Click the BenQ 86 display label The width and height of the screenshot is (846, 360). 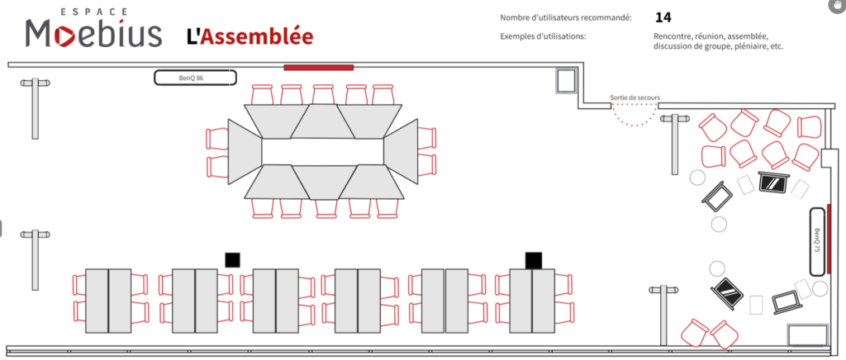coord(195,78)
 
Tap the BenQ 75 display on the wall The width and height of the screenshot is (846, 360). coord(818,241)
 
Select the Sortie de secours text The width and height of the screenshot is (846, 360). coord(635,97)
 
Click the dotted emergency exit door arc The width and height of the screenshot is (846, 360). coord(634,121)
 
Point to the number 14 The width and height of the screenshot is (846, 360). coord(663,18)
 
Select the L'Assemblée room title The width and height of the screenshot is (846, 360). coord(250,36)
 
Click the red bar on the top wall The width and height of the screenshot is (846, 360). coord(318,68)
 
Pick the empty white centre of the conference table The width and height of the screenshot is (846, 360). coord(323,151)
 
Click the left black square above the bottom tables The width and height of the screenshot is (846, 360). coord(232,260)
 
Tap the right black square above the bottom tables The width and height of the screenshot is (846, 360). coord(534,260)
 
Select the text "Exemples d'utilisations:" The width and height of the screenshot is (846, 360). coord(544,36)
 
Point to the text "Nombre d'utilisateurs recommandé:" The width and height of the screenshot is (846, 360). coord(565,18)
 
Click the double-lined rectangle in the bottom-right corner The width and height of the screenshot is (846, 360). coord(807,335)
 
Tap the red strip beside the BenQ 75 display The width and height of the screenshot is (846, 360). coord(828,231)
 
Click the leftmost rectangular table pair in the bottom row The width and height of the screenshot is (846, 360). coord(108,301)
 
